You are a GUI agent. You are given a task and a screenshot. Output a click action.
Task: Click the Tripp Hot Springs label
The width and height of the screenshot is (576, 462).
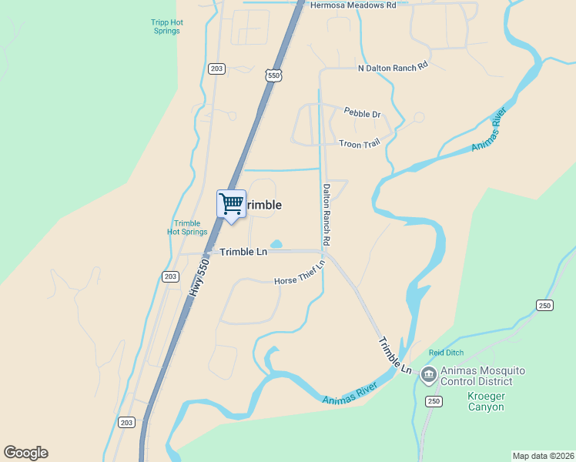(x=166, y=27)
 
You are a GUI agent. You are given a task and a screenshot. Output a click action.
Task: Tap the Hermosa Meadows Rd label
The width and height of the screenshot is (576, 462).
(x=353, y=5)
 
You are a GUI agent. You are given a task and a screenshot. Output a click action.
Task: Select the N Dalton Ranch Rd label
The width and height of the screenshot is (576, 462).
(x=393, y=68)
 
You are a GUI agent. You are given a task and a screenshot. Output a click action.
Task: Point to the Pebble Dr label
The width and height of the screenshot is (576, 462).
(x=362, y=114)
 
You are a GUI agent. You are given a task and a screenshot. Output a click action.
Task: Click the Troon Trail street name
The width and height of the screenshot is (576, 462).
(x=360, y=143)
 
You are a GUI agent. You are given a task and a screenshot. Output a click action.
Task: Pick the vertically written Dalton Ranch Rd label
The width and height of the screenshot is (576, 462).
(x=327, y=214)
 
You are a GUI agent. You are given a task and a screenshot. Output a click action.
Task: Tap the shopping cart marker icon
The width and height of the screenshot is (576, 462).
(x=231, y=205)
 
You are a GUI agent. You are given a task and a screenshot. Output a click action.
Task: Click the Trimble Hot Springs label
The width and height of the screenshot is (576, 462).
(x=187, y=227)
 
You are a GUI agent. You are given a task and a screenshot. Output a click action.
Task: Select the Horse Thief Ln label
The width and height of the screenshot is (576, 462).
(x=300, y=275)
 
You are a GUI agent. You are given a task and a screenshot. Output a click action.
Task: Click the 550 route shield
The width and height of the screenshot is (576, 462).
(x=274, y=75)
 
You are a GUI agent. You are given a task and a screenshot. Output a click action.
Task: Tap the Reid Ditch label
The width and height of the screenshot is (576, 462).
(x=446, y=353)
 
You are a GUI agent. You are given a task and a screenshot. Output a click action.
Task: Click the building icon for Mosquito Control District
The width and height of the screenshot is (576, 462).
(x=428, y=376)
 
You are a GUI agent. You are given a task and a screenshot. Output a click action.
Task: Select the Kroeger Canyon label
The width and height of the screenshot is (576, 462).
(x=486, y=401)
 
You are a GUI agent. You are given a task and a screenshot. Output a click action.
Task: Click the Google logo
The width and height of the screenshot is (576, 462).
(x=25, y=453)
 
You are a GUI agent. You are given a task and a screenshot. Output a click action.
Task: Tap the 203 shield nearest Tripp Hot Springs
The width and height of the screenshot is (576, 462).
(x=216, y=69)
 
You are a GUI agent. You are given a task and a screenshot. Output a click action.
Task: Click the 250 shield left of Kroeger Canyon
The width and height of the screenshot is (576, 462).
(x=433, y=401)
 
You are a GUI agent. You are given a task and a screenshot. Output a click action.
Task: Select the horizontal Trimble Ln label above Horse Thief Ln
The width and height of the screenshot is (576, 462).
(x=243, y=252)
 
